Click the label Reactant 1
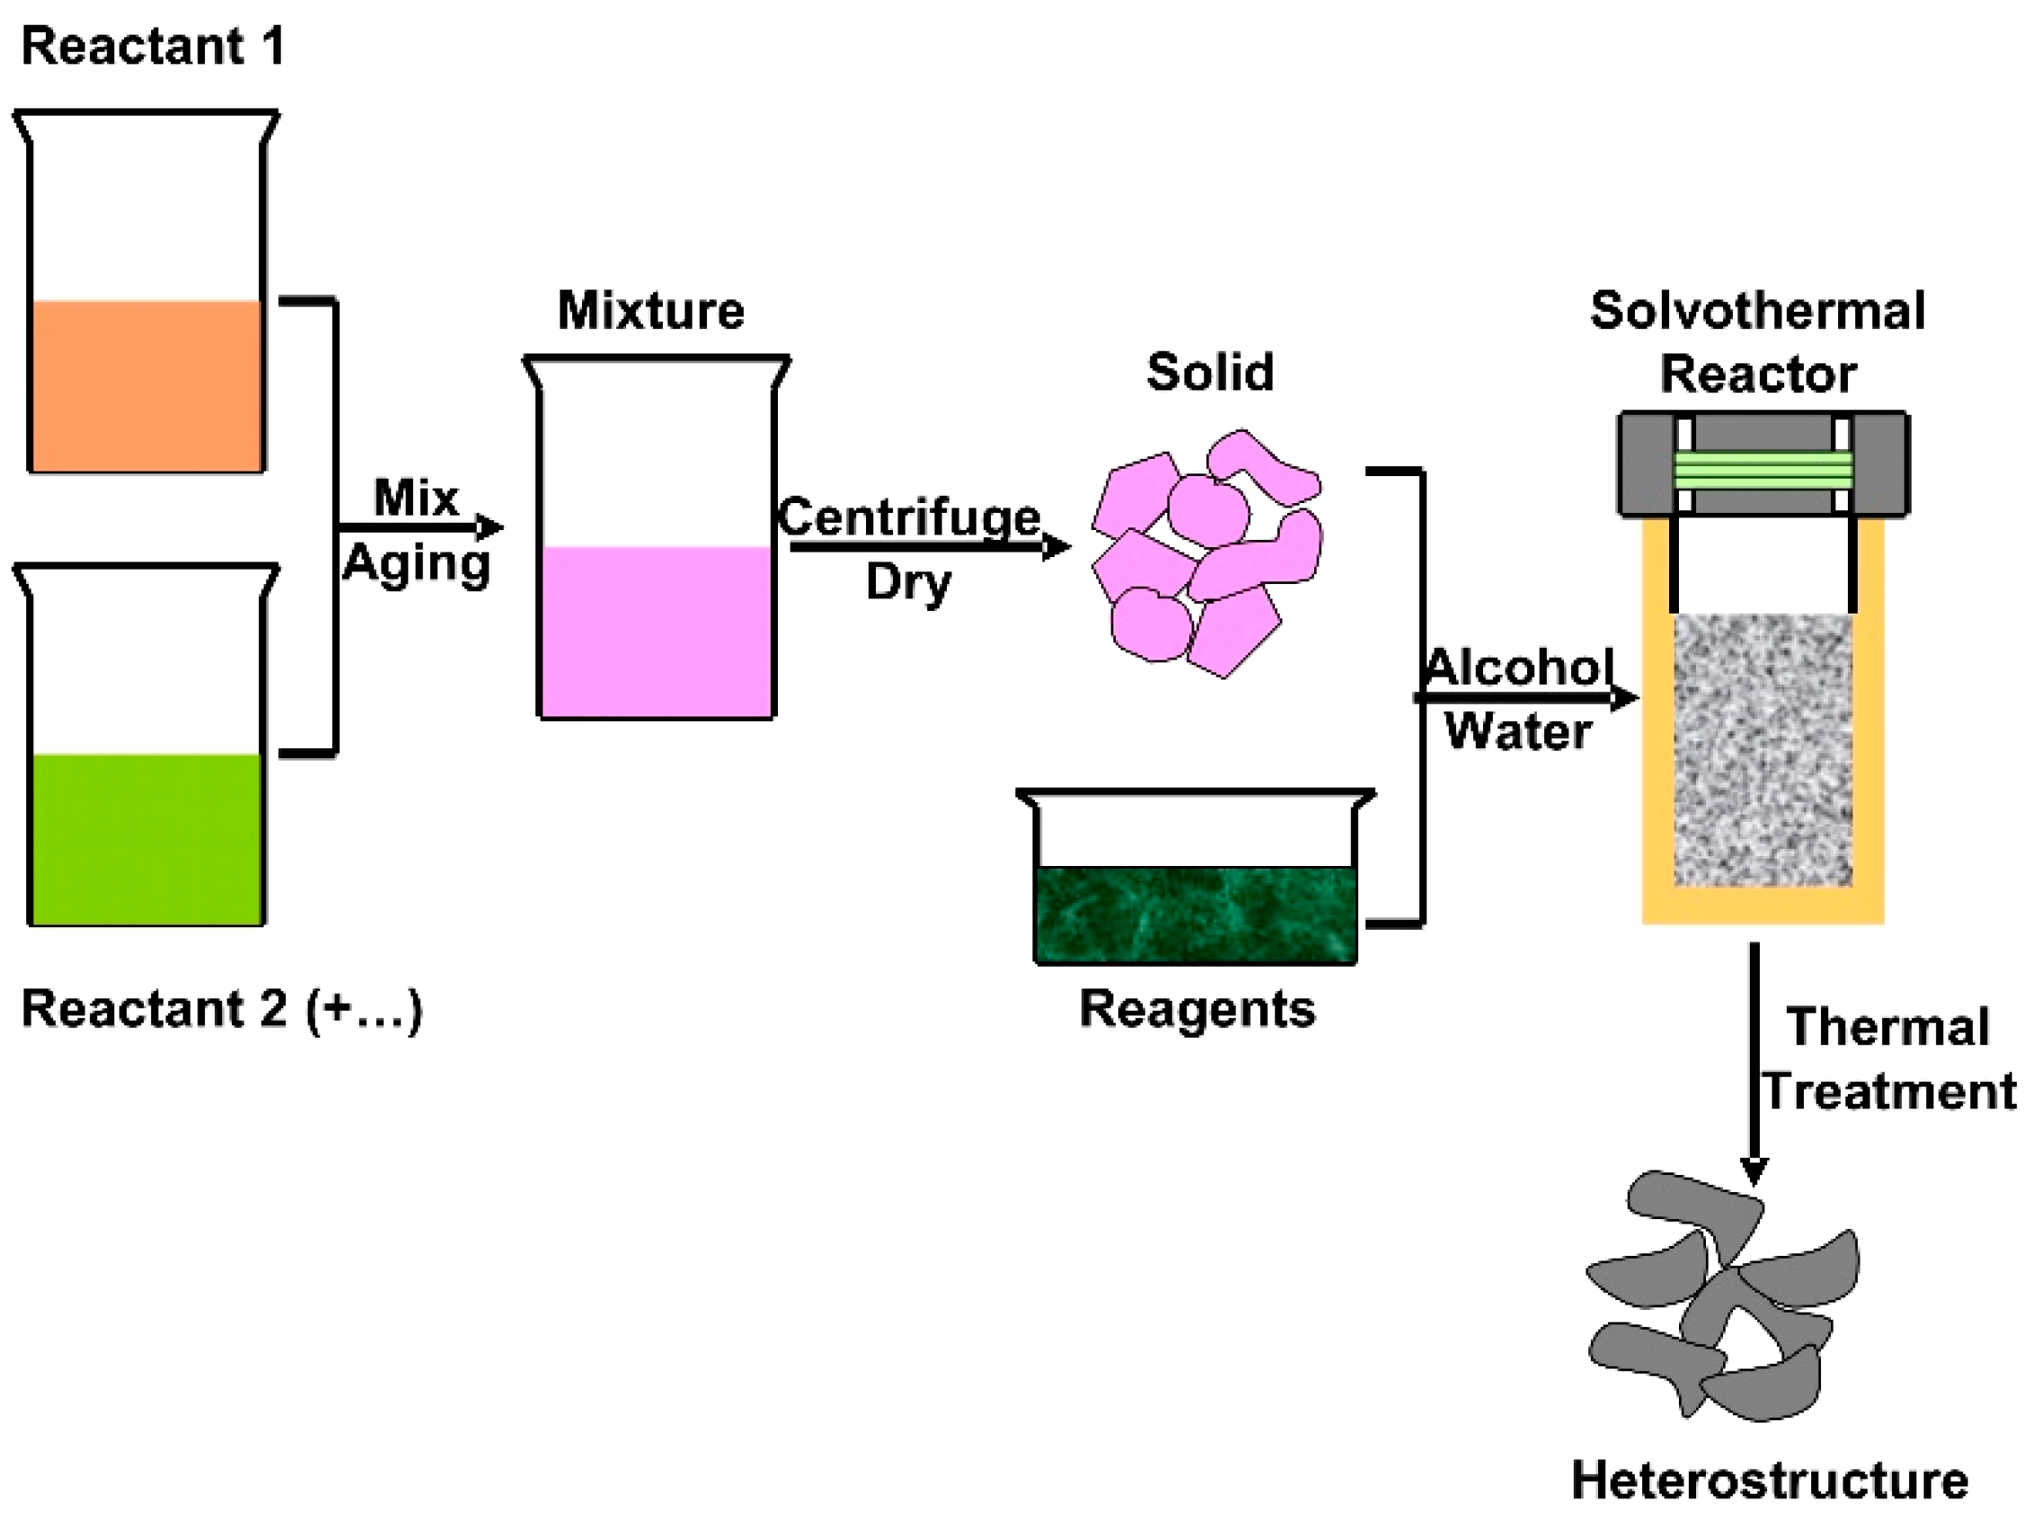(153, 46)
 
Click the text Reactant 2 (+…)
(221, 1009)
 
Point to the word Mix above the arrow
(415, 498)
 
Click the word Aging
(416, 563)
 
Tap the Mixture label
(650, 310)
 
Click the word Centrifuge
(909, 517)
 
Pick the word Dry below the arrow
(907, 581)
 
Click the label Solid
(1210, 371)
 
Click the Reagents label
(1196, 1008)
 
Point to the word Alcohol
(1517, 667)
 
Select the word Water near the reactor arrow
(1517, 731)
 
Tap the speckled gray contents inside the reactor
(1762, 749)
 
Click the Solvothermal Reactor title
(1757, 341)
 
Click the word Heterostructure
(1770, 1480)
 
